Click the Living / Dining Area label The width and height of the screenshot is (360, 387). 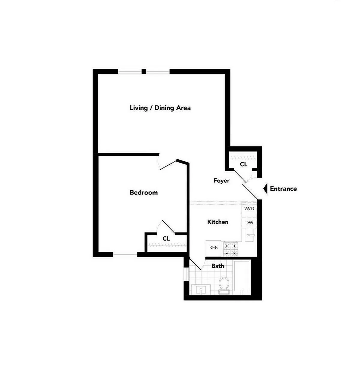coord(160,108)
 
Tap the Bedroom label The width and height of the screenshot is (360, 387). coord(143,193)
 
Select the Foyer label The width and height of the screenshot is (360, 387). coord(221,181)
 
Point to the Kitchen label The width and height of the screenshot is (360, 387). coord(218,222)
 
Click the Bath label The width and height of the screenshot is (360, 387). coord(217,266)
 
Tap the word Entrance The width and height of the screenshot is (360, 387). coord(283,189)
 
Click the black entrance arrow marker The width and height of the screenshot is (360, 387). coord(265,189)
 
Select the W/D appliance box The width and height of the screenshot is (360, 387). coord(249,209)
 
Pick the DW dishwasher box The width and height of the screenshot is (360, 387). coord(249,223)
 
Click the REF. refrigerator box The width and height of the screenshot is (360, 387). coord(213,248)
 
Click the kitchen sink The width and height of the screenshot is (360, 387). coord(250,235)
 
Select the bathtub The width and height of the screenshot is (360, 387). coord(242,276)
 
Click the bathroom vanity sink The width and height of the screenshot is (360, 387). coord(201,289)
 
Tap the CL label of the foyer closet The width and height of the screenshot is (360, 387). coord(244,164)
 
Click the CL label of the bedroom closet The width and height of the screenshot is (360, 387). coord(166,239)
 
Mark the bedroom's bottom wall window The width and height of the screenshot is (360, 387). coord(125,255)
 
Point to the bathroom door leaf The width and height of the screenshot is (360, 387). coord(195,263)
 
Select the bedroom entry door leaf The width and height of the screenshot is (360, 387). coord(169,165)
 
